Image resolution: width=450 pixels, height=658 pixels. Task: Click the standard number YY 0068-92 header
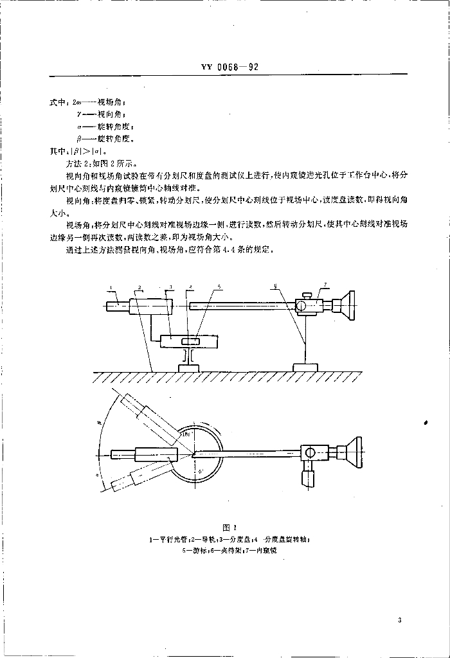point(225,66)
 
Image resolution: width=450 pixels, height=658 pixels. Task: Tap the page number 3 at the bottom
point(399,620)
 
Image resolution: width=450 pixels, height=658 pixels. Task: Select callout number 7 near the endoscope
point(325,283)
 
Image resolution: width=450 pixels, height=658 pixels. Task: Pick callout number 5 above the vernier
point(219,286)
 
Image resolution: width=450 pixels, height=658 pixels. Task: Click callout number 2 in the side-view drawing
point(138,287)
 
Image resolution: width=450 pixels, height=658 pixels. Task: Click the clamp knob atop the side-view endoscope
point(309,294)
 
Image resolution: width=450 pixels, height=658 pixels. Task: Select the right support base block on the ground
point(305,368)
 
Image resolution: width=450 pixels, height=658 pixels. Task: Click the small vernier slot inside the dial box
point(190,341)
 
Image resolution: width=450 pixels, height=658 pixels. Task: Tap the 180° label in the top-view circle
point(186,434)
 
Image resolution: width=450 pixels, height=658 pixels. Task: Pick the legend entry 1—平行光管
point(165,540)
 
